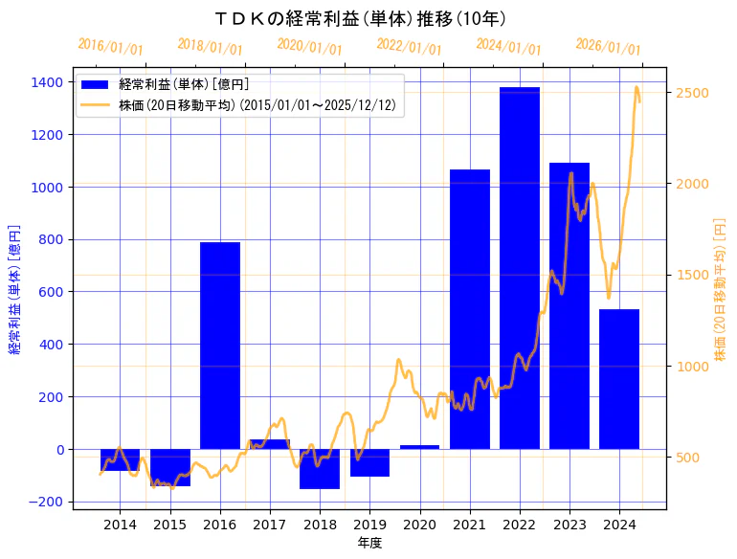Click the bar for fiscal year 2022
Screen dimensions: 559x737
tap(520, 268)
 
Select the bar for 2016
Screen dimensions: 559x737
tap(220, 346)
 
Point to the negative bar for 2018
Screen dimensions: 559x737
tap(320, 469)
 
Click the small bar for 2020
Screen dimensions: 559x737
tap(419, 447)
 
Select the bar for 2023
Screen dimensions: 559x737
tap(569, 305)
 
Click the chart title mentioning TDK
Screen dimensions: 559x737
tap(361, 18)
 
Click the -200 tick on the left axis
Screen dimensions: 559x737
tap(45, 502)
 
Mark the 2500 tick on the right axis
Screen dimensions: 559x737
tap(692, 93)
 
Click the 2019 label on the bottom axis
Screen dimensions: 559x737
tap(369, 525)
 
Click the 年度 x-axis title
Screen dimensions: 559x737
tap(369, 543)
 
